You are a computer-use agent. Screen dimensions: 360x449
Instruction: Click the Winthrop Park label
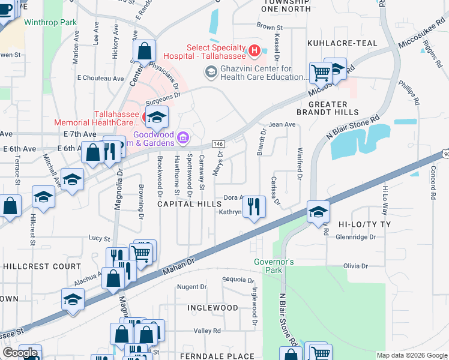[51, 23]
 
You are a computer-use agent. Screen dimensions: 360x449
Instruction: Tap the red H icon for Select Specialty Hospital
[254, 50]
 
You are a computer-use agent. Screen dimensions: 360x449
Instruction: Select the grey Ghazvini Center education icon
[211, 72]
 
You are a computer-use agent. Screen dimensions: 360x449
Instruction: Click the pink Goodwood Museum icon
[184, 139]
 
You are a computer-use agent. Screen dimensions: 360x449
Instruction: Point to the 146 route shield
[218, 144]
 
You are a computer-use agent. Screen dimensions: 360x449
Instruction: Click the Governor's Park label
[273, 266]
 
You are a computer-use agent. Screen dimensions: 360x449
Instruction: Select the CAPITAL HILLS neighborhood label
[189, 204]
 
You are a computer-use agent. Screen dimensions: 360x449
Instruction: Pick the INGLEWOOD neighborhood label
[212, 307]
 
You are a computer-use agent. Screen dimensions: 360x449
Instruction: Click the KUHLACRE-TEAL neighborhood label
[342, 43]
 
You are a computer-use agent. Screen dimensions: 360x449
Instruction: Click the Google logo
[20, 353]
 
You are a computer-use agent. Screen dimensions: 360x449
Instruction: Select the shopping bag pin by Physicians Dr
[145, 52]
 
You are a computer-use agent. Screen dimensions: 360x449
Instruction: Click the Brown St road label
[269, 27]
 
